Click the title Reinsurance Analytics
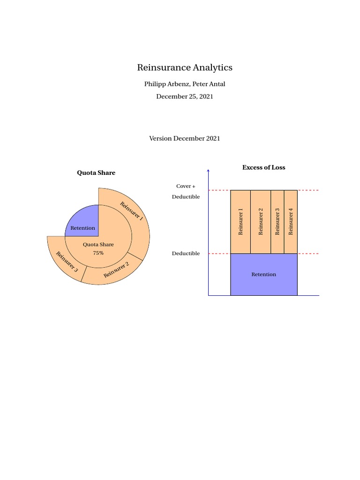pyautogui.click(x=185, y=67)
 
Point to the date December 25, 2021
pyautogui.click(x=185, y=97)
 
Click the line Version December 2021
pyautogui.click(x=185, y=138)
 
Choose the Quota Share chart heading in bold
pyautogui.click(x=96, y=173)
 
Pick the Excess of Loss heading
pyautogui.click(x=263, y=167)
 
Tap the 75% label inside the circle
pyautogui.click(x=98, y=253)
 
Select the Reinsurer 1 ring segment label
pyautogui.click(x=132, y=211)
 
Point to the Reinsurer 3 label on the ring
pyautogui.click(x=67, y=262)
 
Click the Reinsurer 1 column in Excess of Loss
pyautogui.click(x=240, y=222)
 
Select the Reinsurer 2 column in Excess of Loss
pyautogui.click(x=261, y=222)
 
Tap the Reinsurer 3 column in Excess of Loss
pyautogui.click(x=277, y=222)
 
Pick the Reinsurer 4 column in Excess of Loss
pyautogui.click(x=291, y=222)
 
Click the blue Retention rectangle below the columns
pyautogui.click(x=264, y=274)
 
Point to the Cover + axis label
pyautogui.click(x=186, y=186)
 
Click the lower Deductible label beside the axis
pyautogui.click(x=186, y=254)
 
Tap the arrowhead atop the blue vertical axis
pyautogui.click(x=208, y=171)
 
